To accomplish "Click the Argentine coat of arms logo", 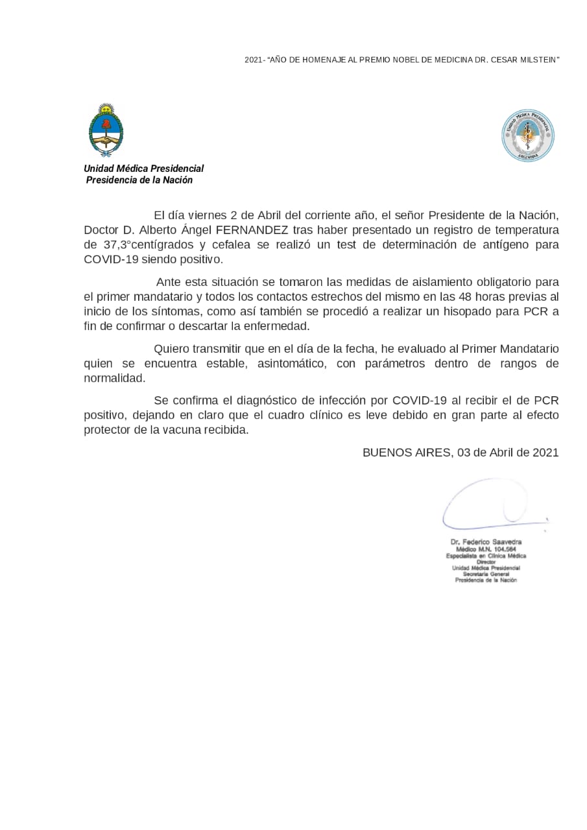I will [106, 130].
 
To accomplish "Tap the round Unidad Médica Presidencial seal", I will [528, 135].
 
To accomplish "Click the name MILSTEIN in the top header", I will [537, 60].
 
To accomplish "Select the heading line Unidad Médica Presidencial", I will [143, 169].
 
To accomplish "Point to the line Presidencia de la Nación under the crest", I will [139, 180].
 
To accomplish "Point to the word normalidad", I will [115, 378].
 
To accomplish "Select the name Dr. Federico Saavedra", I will [486, 541].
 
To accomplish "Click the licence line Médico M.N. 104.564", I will [486, 549].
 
